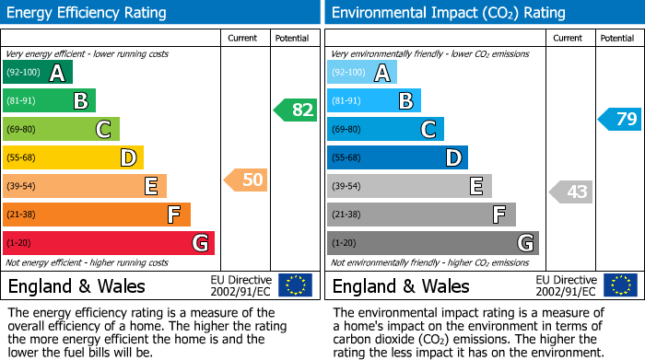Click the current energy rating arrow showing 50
coord(246,180)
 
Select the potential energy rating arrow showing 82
coord(295,110)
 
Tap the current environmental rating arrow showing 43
coord(571,192)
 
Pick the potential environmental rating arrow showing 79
coord(620,119)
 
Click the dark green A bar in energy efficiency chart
coord(38,73)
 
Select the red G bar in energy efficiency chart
coord(109,243)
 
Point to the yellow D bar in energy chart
coord(74,157)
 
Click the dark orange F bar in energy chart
coord(97,215)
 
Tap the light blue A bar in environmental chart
coord(362,73)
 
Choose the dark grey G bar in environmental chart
coord(433,243)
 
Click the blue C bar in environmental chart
coord(385,129)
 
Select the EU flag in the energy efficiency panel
coord(295,285)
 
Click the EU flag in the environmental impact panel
coord(620,285)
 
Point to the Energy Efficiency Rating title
coord(88,13)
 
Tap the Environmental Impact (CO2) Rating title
coord(449,13)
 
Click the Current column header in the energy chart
coord(243,38)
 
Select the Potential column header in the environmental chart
coord(617,38)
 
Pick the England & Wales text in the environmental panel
coord(401,285)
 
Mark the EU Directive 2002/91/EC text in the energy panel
coord(241,285)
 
